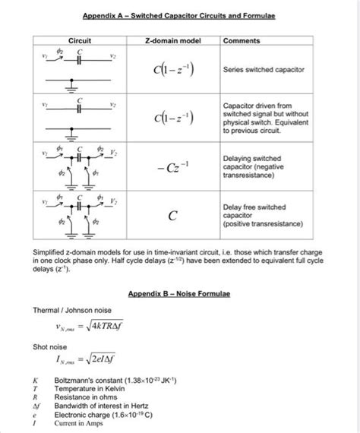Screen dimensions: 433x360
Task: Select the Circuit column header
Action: (80, 40)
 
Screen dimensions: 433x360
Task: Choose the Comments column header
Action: (244, 40)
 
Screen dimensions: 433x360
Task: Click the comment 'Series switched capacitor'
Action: (264, 69)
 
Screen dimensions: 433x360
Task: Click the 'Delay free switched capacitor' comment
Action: (263, 215)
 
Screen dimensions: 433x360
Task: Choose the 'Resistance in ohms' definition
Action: (85, 397)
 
